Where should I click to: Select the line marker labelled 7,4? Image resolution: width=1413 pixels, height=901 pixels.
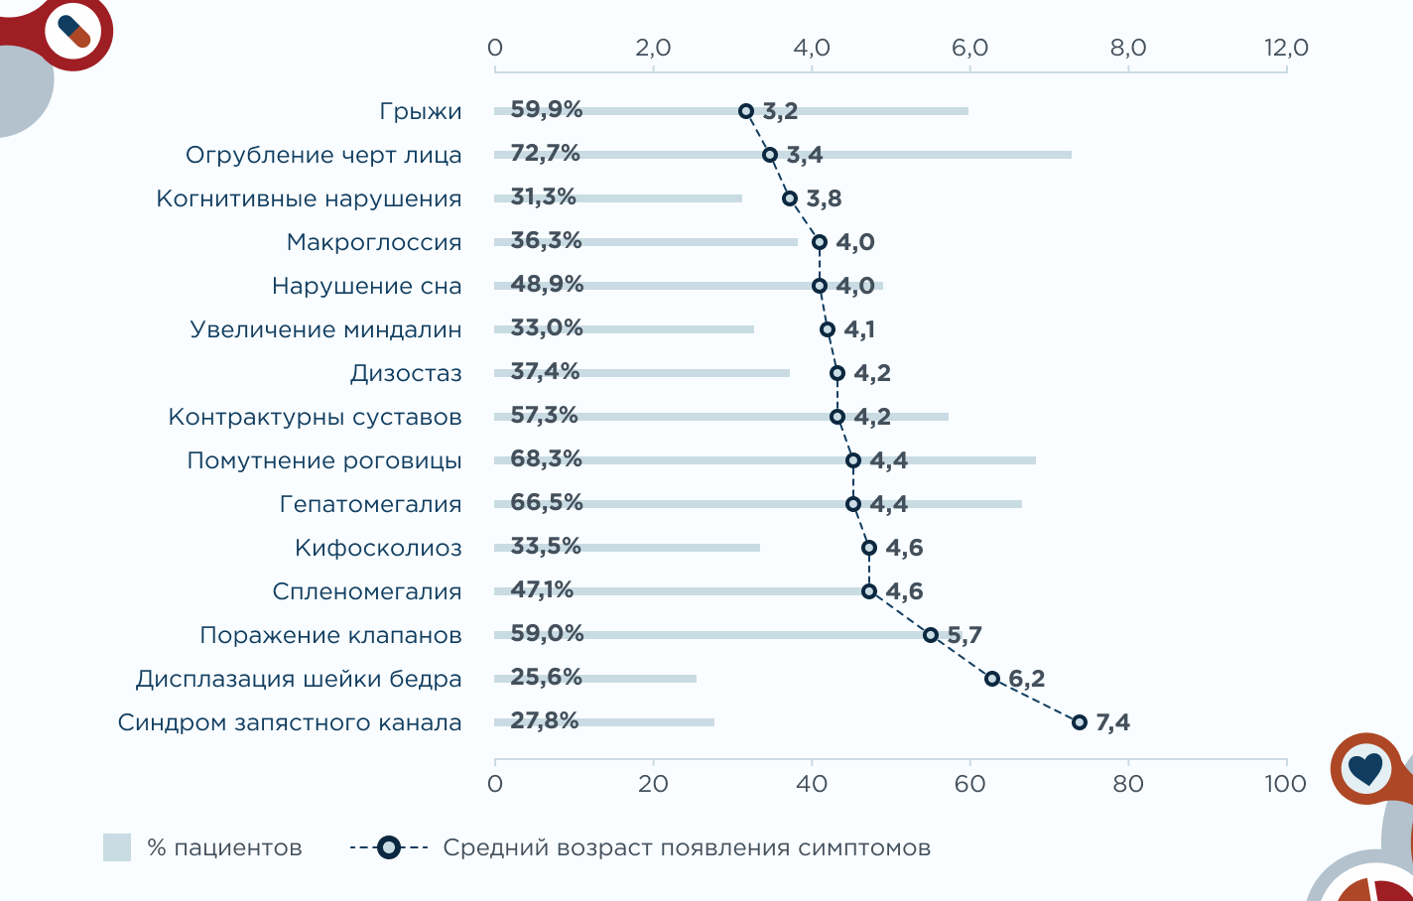coord(1080,722)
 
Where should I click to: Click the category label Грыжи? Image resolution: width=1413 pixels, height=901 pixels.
coord(421,111)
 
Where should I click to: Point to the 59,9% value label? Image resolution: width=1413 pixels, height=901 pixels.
coord(547,109)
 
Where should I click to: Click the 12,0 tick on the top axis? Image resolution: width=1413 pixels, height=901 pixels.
coord(1286,48)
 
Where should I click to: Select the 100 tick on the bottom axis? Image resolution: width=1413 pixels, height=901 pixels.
coord(1286,784)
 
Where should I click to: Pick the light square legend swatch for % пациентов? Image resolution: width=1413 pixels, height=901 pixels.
coord(117,847)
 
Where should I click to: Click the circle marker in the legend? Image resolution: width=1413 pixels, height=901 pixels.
coord(389,847)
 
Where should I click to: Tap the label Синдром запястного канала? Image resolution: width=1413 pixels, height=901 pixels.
coord(290,722)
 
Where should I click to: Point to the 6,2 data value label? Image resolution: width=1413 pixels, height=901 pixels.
coord(1027,679)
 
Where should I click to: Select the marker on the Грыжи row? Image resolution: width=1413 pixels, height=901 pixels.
coord(746,111)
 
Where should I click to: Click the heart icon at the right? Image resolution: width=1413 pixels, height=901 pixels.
coord(1365,767)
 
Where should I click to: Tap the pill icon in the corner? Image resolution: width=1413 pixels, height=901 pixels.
coord(74,31)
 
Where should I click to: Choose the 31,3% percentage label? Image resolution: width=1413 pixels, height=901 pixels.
coord(544,196)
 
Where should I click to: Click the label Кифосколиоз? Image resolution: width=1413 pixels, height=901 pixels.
coord(378,548)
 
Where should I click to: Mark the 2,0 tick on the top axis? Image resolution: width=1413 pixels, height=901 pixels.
coord(653,48)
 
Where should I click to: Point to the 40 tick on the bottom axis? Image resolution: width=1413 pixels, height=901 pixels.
coord(812,784)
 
